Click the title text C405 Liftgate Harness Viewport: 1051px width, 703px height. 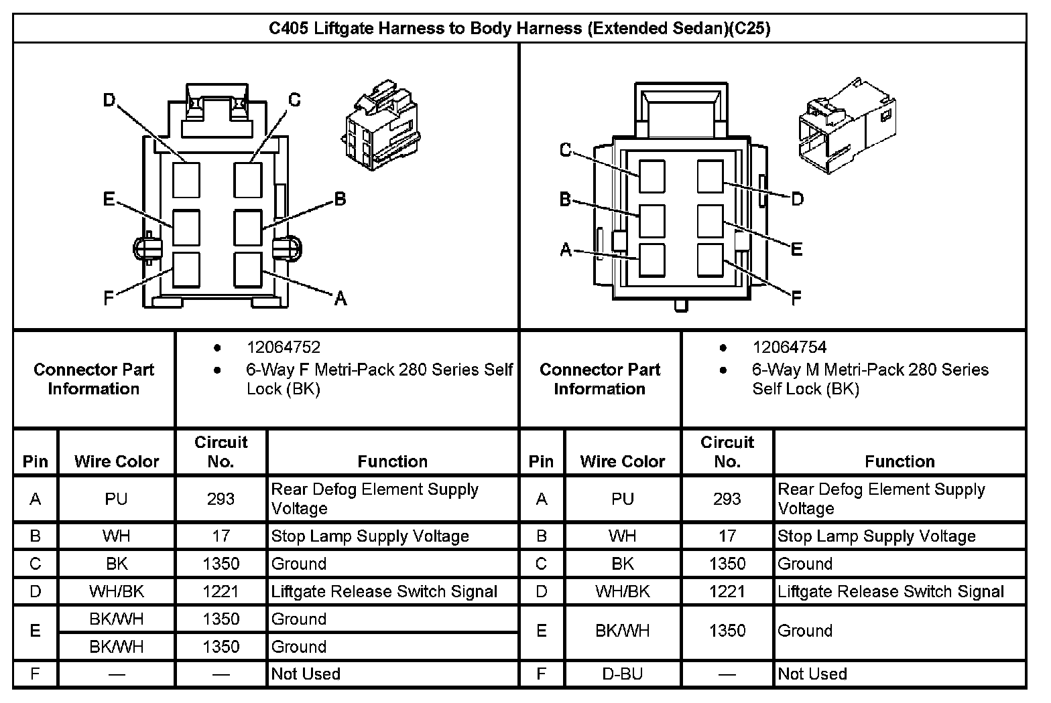(519, 29)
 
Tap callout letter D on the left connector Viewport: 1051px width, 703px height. (109, 100)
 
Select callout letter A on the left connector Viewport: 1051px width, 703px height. (341, 299)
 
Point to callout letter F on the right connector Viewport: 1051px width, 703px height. (796, 299)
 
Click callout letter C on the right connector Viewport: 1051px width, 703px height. (566, 150)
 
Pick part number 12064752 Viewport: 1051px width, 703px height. (284, 347)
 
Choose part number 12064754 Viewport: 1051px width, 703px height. (789, 347)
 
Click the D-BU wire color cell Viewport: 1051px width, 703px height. (623, 674)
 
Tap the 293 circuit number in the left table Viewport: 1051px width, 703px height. (221, 499)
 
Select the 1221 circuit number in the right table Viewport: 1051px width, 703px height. (727, 591)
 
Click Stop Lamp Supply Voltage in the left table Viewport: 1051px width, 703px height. (370, 536)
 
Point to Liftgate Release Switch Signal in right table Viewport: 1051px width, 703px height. (891, 591)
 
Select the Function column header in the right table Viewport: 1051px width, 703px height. (900, 461)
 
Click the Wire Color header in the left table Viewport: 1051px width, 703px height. (117, 461)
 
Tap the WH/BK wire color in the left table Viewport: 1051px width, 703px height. (117, 591)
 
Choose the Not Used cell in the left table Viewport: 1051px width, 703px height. (306, 674)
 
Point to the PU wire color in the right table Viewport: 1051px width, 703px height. (623, 499)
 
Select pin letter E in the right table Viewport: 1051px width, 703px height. (542, 631)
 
